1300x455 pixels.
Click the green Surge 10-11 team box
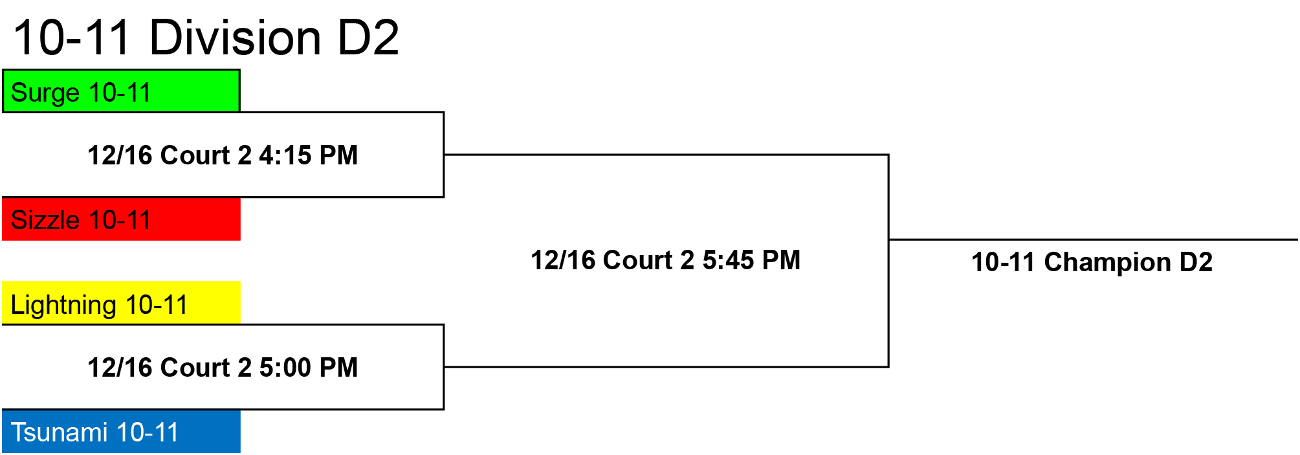[x=121, y=91]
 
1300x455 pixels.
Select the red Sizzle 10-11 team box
[x=121, y=219]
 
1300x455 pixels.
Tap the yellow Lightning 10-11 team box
[x=121, y=302]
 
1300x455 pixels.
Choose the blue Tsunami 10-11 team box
[x=121, y=431]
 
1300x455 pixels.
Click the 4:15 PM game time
[x=309, y=155]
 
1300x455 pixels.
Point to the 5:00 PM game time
[x=309, y=368]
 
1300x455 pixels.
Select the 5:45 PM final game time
[x=751, y=260]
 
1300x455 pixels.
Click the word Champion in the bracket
[x=1107, y=263]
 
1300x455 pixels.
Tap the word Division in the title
[x=235, y=38]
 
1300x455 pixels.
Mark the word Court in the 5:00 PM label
[x=195, y=368]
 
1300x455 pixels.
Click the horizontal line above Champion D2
[x=1094, y=239]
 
